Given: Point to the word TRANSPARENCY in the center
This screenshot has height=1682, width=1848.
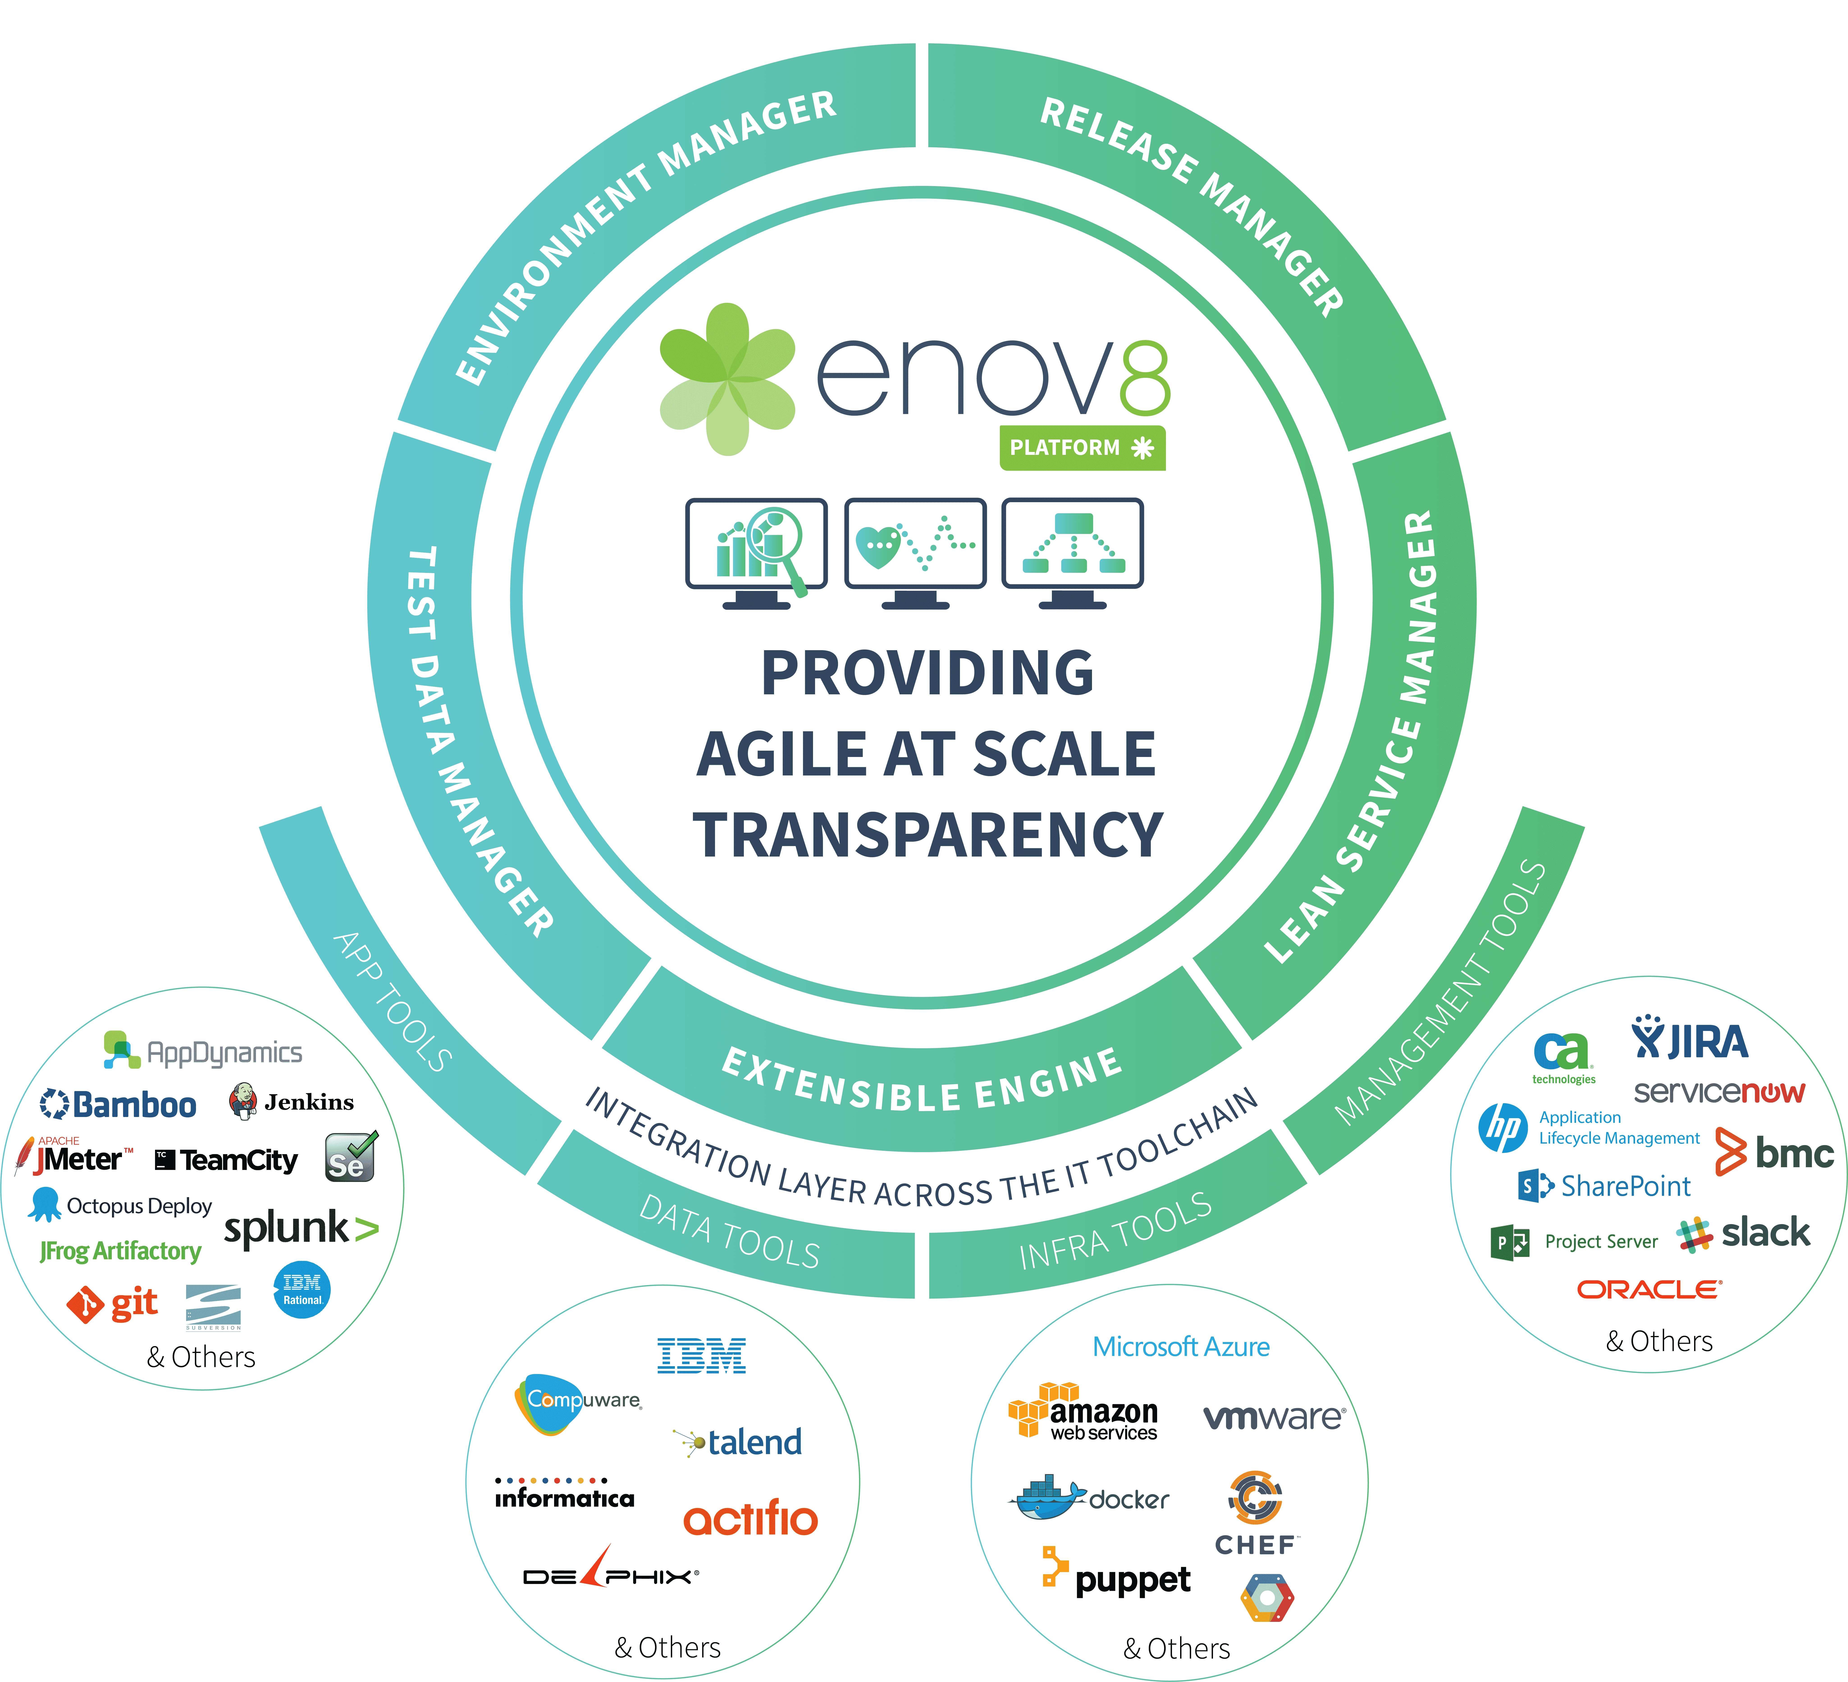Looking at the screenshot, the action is (x=928, y=834).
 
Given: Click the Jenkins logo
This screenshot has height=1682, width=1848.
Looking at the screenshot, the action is (x=292, y=1101).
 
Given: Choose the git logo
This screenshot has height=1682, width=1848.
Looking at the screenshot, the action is (x=112, y=1303).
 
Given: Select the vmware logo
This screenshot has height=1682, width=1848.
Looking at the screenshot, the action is (x=1274, y=1417).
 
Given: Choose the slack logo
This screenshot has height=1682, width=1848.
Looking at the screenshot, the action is (x=1743, y=1233).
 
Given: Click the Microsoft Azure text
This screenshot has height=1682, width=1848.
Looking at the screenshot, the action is (x=1181, y=1347).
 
